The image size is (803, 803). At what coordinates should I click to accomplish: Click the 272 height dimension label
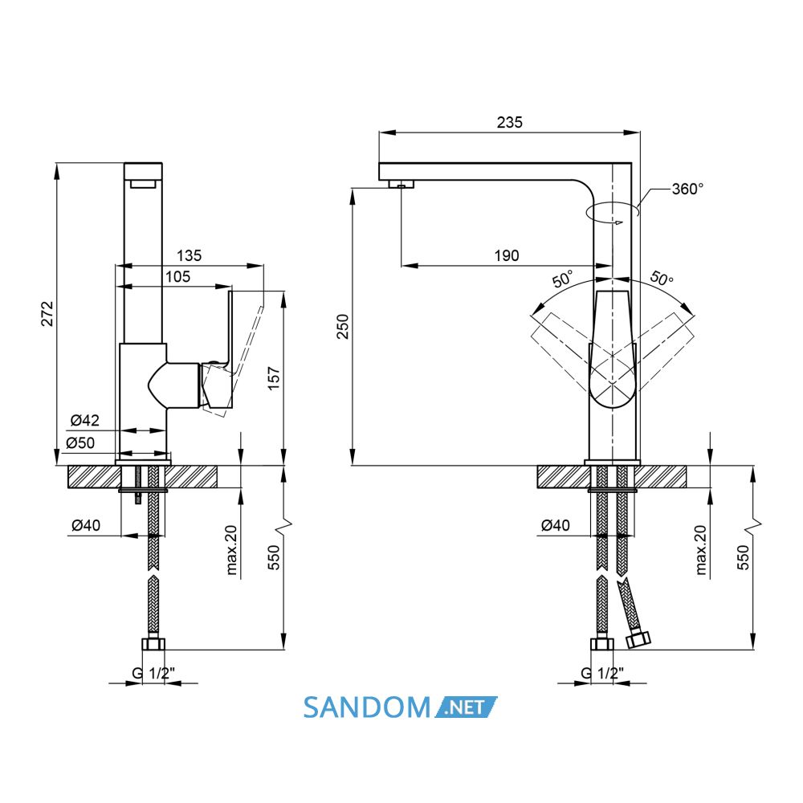click(x=47, y=313)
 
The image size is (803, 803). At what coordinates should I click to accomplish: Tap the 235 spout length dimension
click(x=510, y=122)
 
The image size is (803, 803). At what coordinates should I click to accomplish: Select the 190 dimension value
click(x=507, y=255)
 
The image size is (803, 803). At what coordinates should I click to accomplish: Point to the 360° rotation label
click(x=688, y=189)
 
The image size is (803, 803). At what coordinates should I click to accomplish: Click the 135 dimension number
click(x=189, y=255)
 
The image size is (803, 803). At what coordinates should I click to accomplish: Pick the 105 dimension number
click(x=177, y=276)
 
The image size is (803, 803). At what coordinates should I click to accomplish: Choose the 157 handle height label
click(x=275, y=378)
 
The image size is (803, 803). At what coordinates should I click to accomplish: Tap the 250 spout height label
click(x=343, y=326)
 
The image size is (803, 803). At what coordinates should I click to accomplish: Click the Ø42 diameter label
click(x=85, y=421)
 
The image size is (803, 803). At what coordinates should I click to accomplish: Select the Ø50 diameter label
click(x=80, y=442)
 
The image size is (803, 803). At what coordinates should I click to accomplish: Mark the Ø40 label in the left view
click(x=86, y=525)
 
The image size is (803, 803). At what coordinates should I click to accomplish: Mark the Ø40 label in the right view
click(x=556, y=525)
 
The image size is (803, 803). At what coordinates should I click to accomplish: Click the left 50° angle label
click(x=562, y=279)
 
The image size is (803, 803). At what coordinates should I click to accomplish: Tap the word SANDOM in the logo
click(x=367, y=707)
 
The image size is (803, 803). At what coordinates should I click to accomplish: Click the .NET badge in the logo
click(x=466, y=707)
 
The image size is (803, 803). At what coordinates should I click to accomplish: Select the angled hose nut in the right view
click(x=638, y=640)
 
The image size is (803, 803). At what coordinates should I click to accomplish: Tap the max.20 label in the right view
click(x=701, y=549)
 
